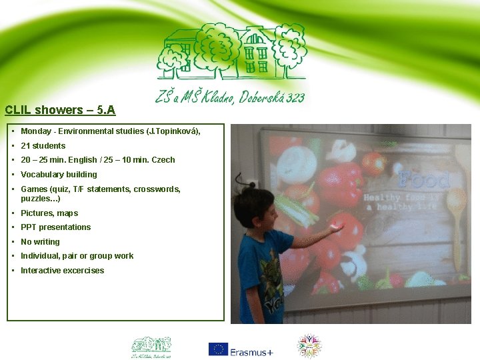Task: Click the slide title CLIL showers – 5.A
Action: tap(60, 110)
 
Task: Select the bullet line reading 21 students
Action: tap(43, 146)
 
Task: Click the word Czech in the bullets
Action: tap(163, 160)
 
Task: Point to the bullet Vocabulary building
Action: tap(59, 175)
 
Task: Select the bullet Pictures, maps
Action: tap(49, 213)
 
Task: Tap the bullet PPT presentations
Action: tap(55, 227)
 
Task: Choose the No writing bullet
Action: tap(40, 242)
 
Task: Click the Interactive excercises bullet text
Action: tap(62, 271)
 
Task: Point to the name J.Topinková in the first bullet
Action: tap(171, 131)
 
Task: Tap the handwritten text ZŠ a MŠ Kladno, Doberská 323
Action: tap(230, 97)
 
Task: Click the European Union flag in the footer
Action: tap(218, 349)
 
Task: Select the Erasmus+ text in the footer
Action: tap(252, 352)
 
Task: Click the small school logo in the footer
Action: tap(151, 347)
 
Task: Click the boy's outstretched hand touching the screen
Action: tap(335, 229)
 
